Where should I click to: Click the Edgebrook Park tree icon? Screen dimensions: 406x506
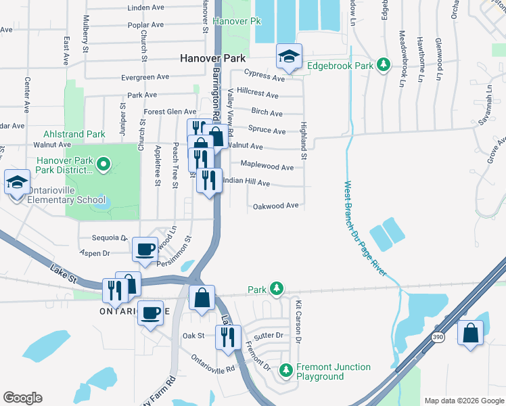(384, 65)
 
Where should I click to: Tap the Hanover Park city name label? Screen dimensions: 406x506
(212, 59)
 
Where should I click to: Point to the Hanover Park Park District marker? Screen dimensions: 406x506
(103, 163)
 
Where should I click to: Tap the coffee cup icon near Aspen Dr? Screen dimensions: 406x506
(145, 250)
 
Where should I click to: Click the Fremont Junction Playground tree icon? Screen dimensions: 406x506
(287, 370)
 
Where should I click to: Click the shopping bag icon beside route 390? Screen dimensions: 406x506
(471, 333)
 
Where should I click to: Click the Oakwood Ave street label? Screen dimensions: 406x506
(275, 206)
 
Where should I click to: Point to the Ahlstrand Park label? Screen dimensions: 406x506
(74, 134)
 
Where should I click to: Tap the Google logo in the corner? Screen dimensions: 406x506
(22, 398)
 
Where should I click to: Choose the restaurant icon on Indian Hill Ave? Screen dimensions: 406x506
(209, 180)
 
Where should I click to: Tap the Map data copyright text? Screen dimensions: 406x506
(463, 401)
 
